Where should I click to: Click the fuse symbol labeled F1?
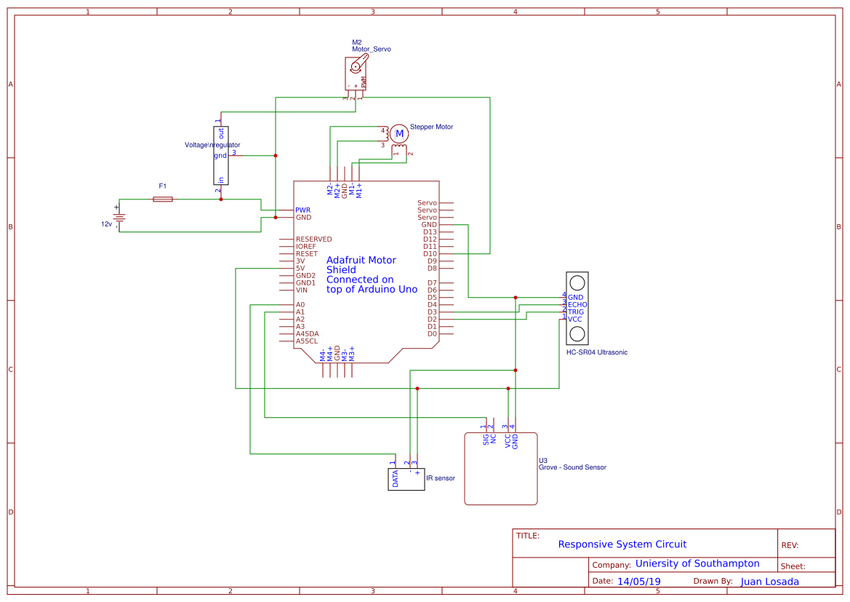click(164, 199)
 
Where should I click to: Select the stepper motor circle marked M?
click(398, 133)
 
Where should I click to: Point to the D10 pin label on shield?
click(430, 254)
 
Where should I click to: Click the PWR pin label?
click(302, 210)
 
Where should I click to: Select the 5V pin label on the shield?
click(300, 269)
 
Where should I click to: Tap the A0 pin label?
click(300, 305)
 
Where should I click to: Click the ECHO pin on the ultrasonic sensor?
click(577, 305)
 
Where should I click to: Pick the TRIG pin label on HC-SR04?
click(576, 312)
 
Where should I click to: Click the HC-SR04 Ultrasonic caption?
click(596, 352)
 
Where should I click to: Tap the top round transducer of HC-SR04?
click(577, 282)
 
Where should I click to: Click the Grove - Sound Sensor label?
click(572, 467)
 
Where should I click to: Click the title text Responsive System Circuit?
click(622, 544)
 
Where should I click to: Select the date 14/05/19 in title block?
click(638, 582)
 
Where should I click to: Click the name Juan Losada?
click(769, 582)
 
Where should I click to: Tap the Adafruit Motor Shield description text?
click(372, 274)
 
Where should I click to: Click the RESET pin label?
click(306, 254)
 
